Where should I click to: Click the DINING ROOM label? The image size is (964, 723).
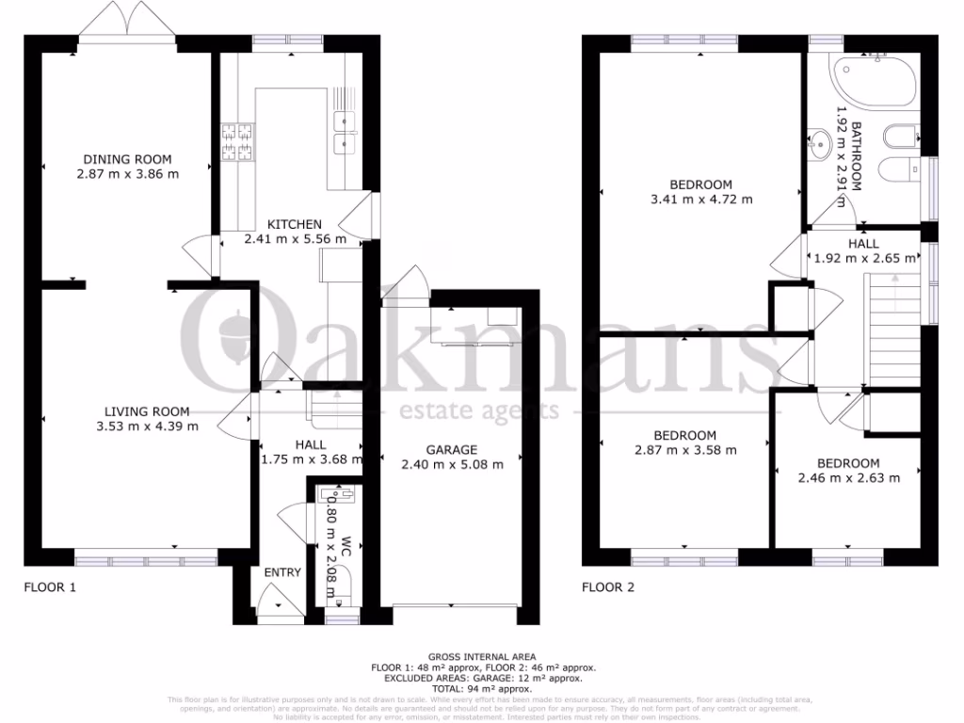128,159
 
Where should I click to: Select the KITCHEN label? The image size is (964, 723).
295,224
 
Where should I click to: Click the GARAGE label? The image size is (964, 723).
452,450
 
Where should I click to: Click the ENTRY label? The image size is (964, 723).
282,572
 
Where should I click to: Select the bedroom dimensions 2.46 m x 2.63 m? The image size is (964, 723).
848,477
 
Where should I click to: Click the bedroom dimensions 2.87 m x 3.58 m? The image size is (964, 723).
684,450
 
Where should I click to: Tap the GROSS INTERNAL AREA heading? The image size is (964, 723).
481,656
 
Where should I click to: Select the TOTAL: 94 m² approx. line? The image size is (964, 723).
481,688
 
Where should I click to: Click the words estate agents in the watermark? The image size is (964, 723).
481,411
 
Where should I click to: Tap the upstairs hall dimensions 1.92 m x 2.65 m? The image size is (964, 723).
862,258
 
